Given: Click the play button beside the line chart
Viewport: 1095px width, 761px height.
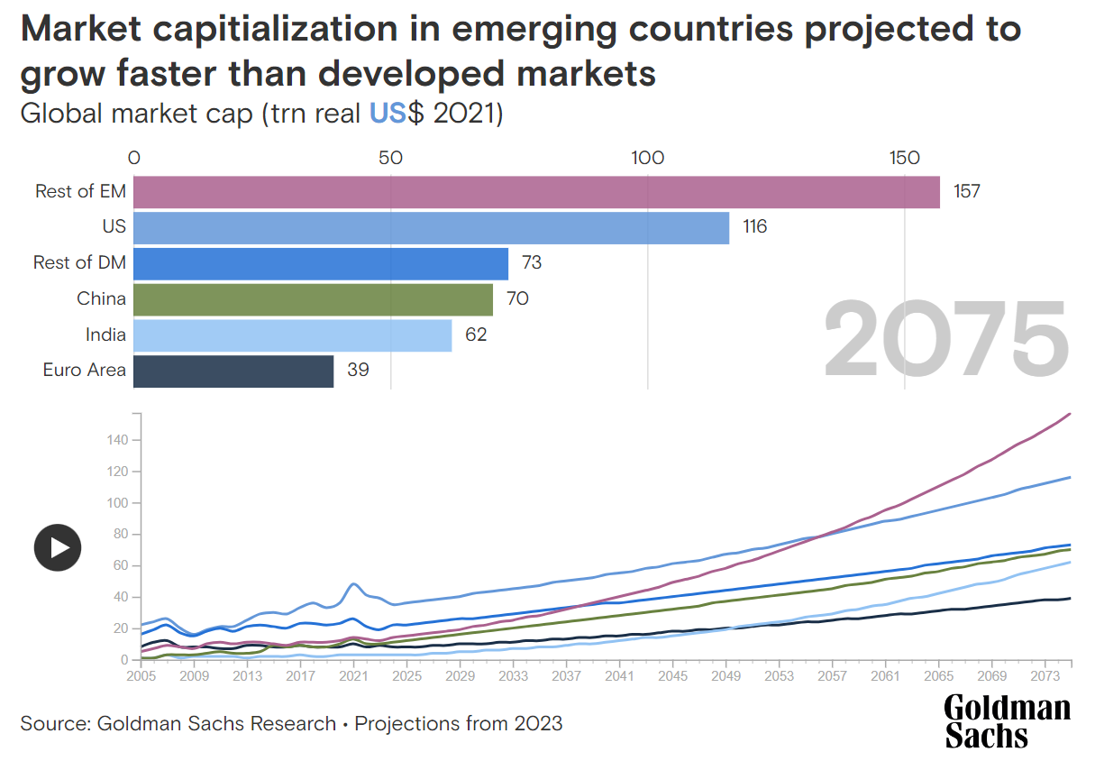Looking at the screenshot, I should pyautogui.click(x=58, y=547).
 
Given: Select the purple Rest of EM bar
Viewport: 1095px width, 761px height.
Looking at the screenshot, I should pyautogui.click(x=536, y=192).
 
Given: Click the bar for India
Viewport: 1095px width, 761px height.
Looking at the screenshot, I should pyautogui.click(x=292, y=335).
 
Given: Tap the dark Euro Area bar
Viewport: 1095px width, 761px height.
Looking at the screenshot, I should pyautogui.click(x=233, y=371).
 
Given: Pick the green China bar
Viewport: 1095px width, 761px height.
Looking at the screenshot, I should pyautogui.click(x=313, y=298).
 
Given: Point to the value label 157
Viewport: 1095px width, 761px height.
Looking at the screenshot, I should pyautogui.click(x=966, y=191).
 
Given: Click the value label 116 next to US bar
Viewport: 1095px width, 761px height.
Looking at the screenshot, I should pyautogui.click(x=754, y=227).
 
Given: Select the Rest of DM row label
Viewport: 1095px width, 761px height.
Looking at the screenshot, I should pyautogui.click(x=79, y=262).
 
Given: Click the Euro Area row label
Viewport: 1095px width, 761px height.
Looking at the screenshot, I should pyautogui.click(x=84, y=370).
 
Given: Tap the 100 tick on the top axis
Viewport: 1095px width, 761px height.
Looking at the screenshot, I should pyautogui.click(x=647, y=158).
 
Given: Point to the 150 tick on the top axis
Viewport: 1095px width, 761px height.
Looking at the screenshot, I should pyautogui.click(x=904, y=158).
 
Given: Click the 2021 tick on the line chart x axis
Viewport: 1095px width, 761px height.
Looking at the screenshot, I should pyautogui.click(x=353, y=675).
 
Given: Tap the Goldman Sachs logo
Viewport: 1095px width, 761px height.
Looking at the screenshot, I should pyautogui.click(x=1007, y=721).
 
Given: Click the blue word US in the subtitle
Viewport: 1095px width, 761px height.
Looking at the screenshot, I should pyautogui.click(x=389, y=115).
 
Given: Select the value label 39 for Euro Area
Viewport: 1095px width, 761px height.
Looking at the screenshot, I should pyautogui.click(x=358, y=371).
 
